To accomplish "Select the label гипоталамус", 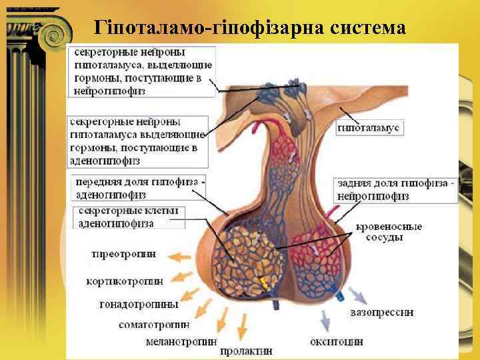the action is [x=367, y=127].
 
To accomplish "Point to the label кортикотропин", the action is [x=125, y=281].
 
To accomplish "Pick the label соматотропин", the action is [x=154, y=325].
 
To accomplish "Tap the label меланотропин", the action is [x=181, y=341].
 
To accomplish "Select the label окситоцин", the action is [x=337, y=341].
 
